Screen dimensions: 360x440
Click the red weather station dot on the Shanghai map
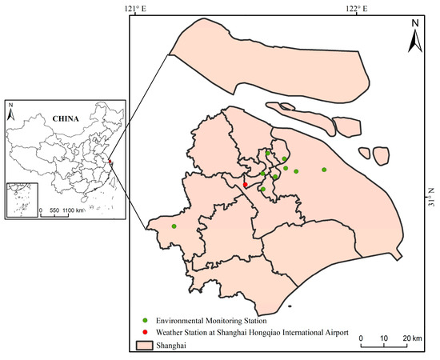[246, 185]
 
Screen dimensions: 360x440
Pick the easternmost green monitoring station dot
[324, 169]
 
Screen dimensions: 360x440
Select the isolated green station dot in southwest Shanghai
[174, 226]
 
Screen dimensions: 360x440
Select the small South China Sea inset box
[22, 200]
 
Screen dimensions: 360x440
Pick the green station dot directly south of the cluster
[262, 190]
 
